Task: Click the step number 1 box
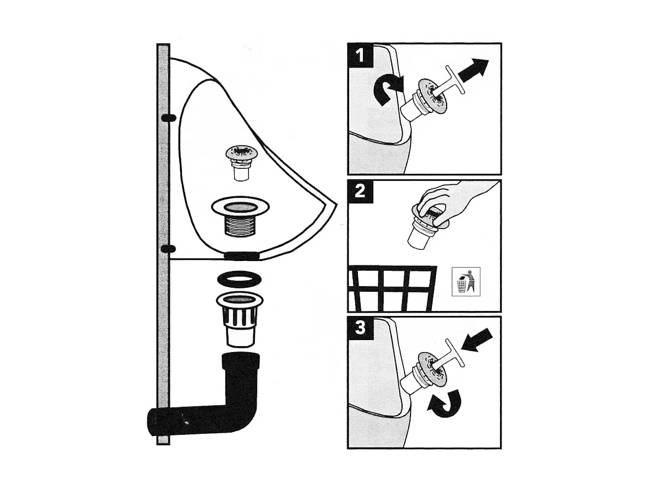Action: tap(360, 55)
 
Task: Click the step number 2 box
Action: tap(360, 192)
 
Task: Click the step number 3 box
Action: tap(360, 329)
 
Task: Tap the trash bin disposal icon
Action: tap(466, 281)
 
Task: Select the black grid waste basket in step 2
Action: tap(392, 288)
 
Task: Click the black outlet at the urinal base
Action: tap(241, 256)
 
